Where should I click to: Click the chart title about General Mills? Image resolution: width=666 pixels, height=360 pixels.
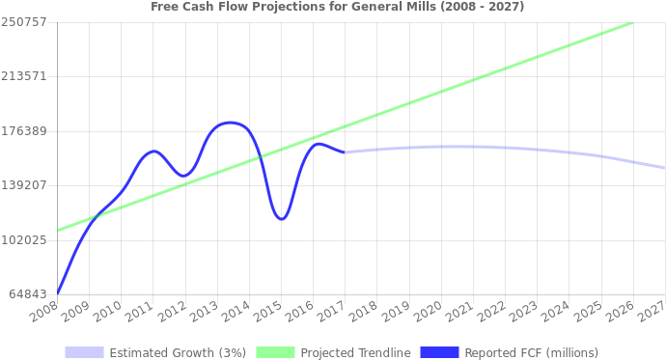click(x=337, y=7)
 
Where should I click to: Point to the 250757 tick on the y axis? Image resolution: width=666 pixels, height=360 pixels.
click(x=24, y=21)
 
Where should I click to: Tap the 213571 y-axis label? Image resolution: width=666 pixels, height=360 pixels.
click(x=24, y=75)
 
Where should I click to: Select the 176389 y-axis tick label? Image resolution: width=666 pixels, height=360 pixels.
click(x=24, y=130)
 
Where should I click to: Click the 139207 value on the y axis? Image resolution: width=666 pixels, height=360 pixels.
click(x=24, y=184)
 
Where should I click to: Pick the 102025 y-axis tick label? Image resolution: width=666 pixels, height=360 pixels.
click(x=24, y=239)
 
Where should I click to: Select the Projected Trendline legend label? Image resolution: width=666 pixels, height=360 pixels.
click(x=355, y=352)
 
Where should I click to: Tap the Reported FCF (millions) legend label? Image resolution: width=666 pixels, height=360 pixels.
click(x=531, y=352)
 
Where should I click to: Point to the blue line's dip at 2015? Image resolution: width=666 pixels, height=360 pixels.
click(x=281, y=220)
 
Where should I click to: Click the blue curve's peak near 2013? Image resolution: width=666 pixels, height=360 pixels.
click(x=229, y=123)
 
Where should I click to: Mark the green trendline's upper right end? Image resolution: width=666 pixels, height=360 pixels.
click(x=632, y=22)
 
